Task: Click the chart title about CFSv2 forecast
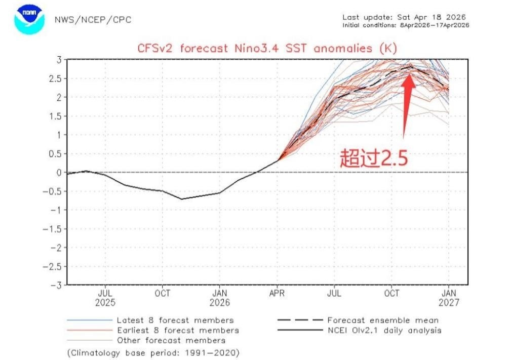(x=267, y=49)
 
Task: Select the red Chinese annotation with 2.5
(x=374, y=158)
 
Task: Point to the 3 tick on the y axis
(x=59, y=59)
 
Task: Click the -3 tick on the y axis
(x=57, y=285)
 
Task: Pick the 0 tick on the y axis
(x=59, y=172)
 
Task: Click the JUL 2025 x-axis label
(x=105, y=298)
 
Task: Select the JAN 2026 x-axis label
(x=219, y=298)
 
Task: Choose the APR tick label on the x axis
(x=277, y=293)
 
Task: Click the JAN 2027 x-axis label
(x=449, y=298)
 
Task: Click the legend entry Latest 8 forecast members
(x=175, y=320)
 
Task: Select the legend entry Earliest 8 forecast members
(x=178, y=330)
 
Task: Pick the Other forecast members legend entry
(x=171, y=340)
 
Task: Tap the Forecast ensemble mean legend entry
(x=383, y=320)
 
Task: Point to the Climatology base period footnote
(x=153, y=352)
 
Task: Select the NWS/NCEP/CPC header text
(x=93, y=20)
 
